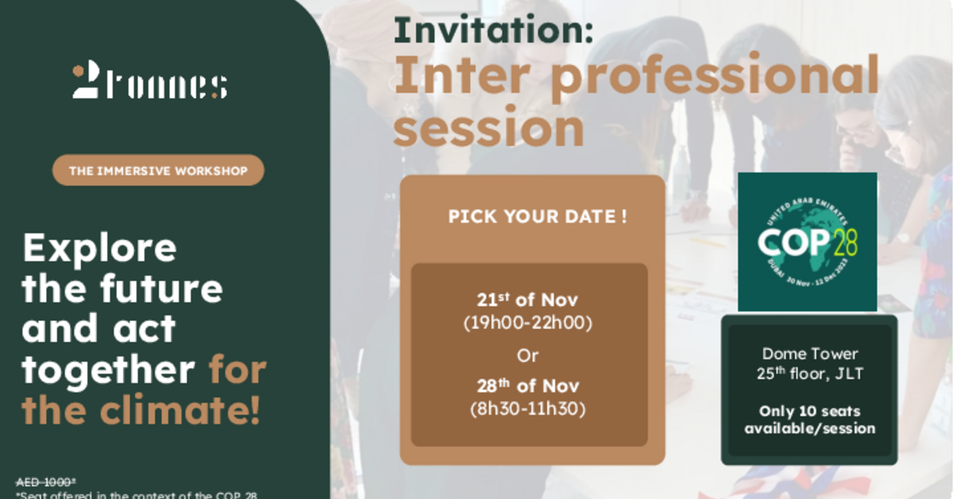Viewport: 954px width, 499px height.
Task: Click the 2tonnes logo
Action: [x=149, y=83]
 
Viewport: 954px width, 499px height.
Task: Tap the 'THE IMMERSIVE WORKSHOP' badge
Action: [x=158, y=170]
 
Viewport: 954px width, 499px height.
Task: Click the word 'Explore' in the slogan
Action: [x=99, y=249]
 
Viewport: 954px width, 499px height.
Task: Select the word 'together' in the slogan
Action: [x=108, y=370]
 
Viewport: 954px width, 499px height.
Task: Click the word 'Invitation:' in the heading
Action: [x=494, y=31]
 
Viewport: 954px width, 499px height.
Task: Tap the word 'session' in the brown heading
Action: [x=489, y=127]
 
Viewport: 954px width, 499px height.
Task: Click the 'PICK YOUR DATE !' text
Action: [x=537, y=217]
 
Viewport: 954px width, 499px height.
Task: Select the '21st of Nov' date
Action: [x=527, y=301]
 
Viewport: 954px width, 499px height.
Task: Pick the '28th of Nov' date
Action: [x=527, y=387]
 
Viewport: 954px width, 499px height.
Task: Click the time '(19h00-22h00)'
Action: [x=527, y=323]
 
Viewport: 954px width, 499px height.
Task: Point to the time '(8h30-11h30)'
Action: [x=527, y=409]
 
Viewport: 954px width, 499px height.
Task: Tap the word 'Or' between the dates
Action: [x=527, y=355]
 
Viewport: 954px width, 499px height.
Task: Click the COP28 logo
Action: [x=807, y=242]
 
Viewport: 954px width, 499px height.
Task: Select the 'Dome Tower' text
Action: [x=809, y=354]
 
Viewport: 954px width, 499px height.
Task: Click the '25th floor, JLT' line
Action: [x=809, y=373]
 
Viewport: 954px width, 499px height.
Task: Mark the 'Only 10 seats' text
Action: [x=809, y=412]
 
